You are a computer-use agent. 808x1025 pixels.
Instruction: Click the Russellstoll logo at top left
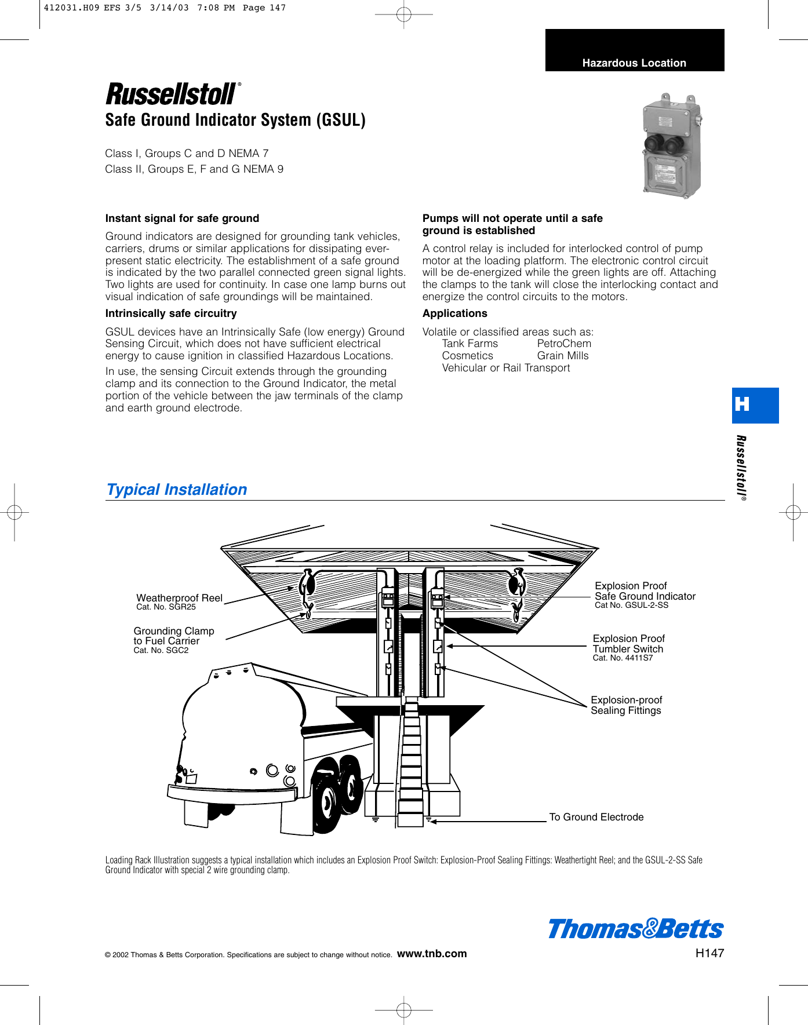click(x=172, y=94)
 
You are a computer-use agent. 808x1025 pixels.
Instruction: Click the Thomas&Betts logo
click(x=635, y=929)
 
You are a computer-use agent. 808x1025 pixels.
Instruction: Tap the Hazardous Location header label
click(x=634, y=63)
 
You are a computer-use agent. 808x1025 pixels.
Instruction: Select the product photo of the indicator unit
click(x=672, y=146)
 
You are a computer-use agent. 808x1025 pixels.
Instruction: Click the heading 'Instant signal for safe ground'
click(x=182, y=218)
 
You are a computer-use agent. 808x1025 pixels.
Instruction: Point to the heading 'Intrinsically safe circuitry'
click(x=171, y=313)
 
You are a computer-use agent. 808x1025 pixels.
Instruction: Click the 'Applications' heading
click(x=455, y=313)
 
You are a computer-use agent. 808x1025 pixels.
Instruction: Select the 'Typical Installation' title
click(x=177, y=490)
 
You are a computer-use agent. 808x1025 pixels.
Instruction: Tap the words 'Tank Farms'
click(x=469, y=344)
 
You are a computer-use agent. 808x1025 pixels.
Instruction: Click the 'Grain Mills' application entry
click(x=562, y=356)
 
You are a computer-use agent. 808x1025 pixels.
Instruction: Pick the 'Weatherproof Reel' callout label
click(x=179, y=598)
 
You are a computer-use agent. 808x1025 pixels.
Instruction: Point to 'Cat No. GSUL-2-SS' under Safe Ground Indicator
click(x=631, y=605)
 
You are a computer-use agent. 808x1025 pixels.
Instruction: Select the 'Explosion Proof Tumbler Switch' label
click(x=628, y=644)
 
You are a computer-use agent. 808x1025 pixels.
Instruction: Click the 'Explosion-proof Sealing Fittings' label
click(x=626, y=705)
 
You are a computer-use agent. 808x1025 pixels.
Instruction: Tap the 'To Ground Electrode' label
click(x=596, y=817)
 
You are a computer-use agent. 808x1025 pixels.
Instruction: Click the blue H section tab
click(x=755, y=405)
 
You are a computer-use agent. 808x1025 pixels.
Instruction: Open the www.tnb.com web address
click(x=432, y=954)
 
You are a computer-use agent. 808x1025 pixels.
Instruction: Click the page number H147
click(x=709, y=953)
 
